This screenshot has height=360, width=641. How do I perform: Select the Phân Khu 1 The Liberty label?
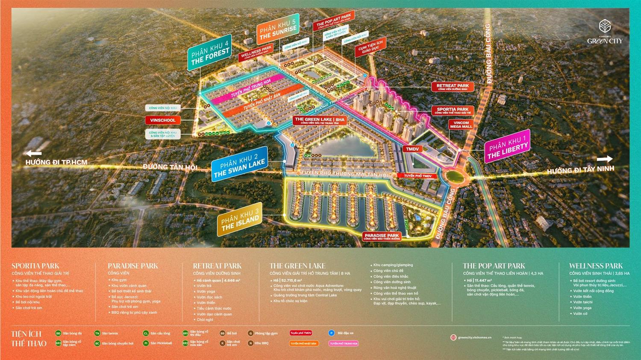(508, 146)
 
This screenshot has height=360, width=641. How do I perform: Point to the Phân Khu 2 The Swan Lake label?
(240, 164)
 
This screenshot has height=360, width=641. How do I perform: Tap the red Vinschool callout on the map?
(163, 120)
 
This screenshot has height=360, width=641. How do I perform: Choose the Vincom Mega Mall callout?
(461, 125)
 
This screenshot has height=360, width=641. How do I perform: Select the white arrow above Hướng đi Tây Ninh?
(604, 159)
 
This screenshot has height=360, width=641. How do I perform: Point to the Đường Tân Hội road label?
(170, 167)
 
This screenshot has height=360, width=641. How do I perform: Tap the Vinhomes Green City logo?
(605, 32)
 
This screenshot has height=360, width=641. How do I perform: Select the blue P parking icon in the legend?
(331, 333)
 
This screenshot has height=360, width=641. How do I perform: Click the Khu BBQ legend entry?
(259, 343)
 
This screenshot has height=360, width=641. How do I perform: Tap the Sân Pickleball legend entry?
(158, 343)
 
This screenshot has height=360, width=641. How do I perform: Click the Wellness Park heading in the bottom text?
(596, 266)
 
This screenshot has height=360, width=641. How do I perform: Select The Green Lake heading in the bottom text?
(297, 266)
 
